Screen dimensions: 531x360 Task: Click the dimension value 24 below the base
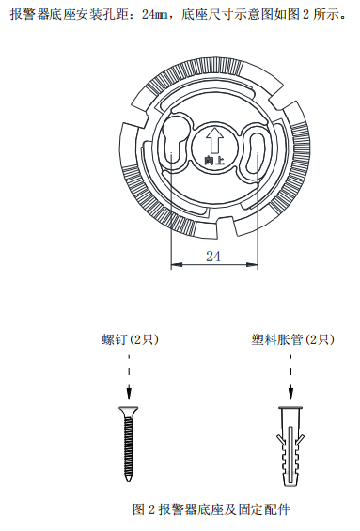(214, 255)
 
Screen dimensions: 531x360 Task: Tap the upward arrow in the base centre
(214, 140)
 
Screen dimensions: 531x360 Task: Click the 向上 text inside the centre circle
(214, 161)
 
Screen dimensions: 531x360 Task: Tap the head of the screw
(126, 413)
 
